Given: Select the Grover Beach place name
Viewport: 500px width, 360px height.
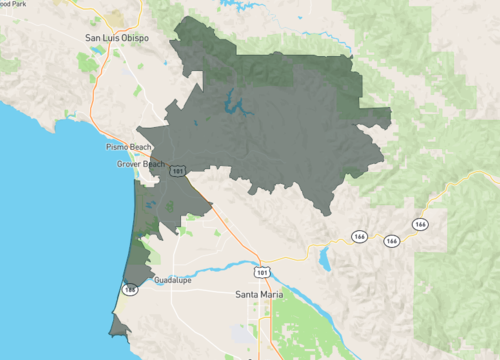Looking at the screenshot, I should point(139,163).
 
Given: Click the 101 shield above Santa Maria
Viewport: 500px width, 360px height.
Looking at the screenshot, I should point(261,270).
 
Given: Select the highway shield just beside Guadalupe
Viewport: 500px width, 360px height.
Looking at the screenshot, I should point(129,289).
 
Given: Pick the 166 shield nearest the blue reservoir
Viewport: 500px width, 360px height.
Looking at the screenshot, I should point(358,236).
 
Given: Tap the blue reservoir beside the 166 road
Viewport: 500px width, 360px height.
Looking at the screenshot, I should point(325,258).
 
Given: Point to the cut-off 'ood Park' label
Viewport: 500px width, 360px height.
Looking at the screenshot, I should point(13,4).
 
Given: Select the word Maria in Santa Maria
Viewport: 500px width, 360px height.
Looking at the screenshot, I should point(272,295).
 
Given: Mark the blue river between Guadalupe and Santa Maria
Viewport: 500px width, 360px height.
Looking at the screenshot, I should point(225,269).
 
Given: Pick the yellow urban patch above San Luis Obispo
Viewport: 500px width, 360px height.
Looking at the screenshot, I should point(124,18).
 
